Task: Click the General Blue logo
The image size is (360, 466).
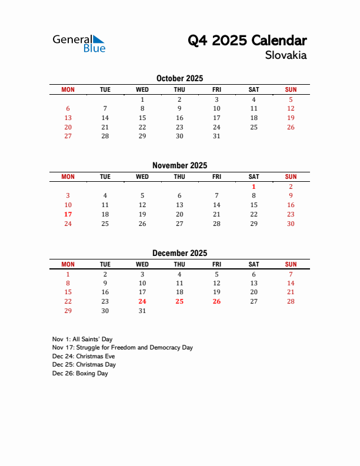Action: pos(79,43)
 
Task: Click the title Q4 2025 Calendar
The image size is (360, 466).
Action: pos(247,41)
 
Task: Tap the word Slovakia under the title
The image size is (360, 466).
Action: pos(285,56)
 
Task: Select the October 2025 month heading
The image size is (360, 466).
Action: pos(179,78)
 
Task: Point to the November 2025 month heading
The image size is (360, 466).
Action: pos(179,165)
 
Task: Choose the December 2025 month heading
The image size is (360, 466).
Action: pos(179,253)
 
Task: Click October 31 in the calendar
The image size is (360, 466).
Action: pos(216,136)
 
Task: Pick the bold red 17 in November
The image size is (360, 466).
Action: pos(68,214)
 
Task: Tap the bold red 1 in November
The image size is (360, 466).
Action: pos(254,187)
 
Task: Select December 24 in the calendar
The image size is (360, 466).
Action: pos(142,301)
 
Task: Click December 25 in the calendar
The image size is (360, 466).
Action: pos(179,301)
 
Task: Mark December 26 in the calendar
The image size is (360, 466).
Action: pos(216,301)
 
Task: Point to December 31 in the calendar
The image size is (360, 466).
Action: pos(142,311)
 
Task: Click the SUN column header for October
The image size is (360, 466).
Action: pos(291,89)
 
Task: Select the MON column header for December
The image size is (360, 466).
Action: pos(68,264)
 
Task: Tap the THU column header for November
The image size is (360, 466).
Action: pos(179,177)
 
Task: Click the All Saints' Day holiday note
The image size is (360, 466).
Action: pos(82,339)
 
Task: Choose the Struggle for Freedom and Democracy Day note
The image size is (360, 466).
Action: pos(122,348)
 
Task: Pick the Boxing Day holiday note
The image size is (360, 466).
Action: pos(80,374)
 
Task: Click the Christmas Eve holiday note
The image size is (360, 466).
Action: pos(84,357)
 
